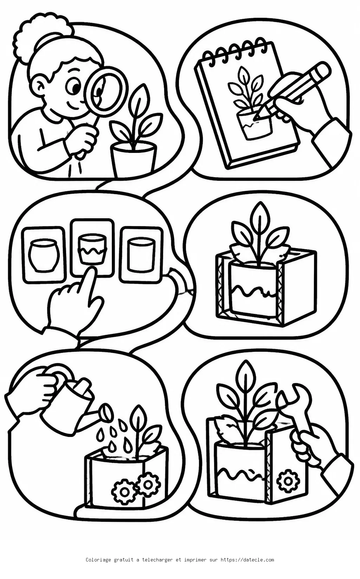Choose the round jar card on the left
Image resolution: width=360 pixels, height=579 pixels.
[44, 254]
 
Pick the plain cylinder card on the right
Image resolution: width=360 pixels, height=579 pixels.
[141, 254]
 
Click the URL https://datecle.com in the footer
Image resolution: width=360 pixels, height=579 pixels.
[247, 558]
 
